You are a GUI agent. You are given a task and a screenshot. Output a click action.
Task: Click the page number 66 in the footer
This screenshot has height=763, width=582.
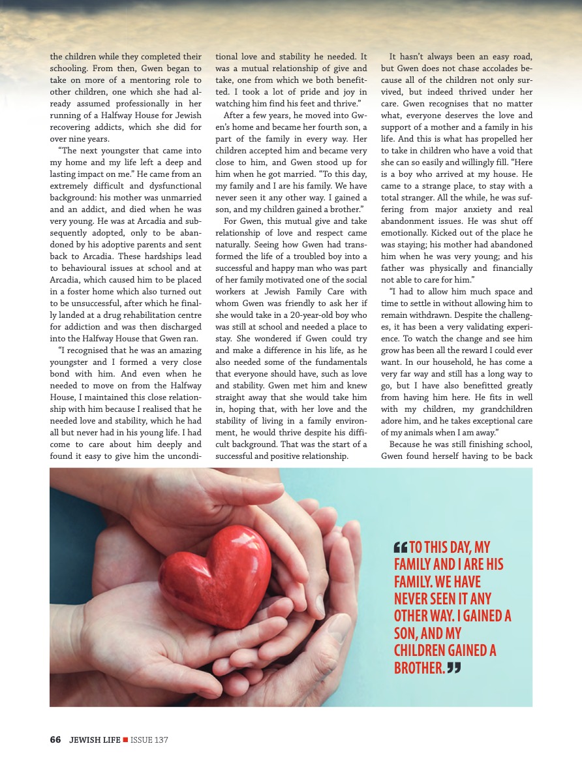[x=55, y=740]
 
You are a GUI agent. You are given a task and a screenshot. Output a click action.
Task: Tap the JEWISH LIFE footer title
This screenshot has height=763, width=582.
[x=95, y=740]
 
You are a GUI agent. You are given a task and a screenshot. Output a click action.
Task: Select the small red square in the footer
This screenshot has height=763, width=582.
[x=125, y=740]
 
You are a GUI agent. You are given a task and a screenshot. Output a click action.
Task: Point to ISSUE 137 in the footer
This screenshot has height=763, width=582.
[x=149, y=740]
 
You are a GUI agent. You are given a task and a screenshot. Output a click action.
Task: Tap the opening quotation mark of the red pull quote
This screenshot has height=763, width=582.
[x=400, y=547]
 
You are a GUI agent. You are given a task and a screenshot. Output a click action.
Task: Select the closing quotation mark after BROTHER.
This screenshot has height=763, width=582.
[x=454, y=668]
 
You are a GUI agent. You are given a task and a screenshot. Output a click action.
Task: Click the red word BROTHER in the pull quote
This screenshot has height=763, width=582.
[x=419, y=668]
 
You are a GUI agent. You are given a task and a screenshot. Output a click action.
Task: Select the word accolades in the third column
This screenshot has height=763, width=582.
[x=488, y=69]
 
